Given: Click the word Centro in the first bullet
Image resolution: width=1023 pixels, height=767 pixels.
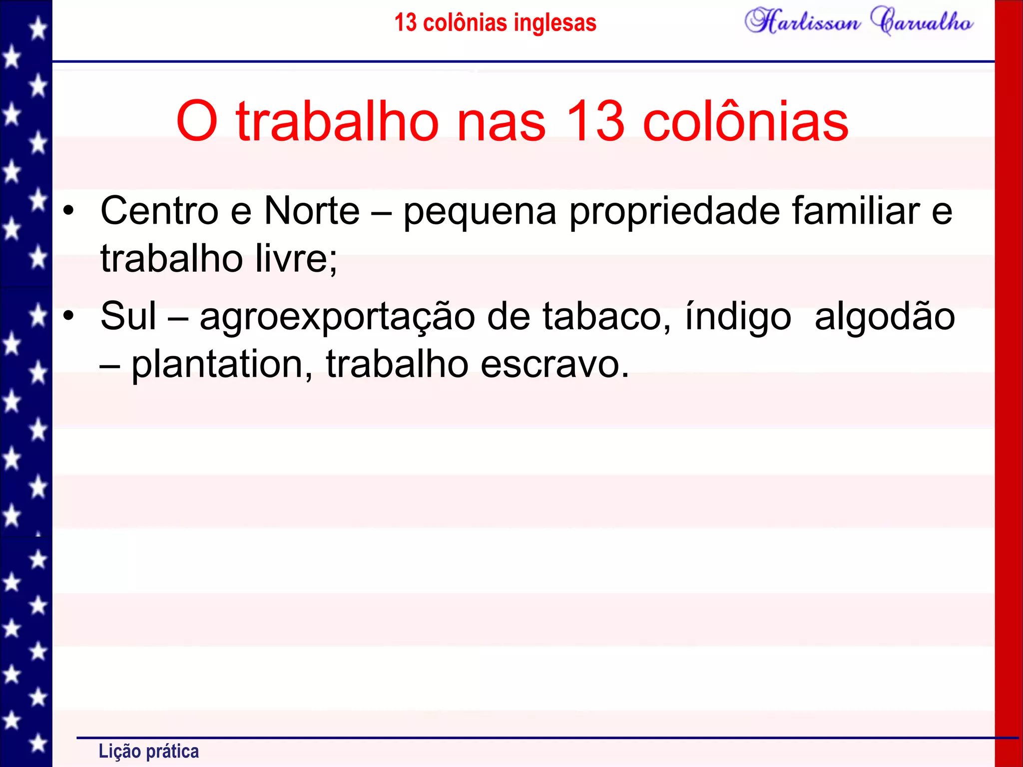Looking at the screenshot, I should [x=159, y=211].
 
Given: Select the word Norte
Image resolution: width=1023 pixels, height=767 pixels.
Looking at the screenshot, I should [x=311, y=211].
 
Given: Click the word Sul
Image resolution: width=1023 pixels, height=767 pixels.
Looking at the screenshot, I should [x=128, y=316].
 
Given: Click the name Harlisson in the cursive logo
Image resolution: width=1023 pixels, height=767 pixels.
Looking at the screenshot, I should [x=802, y=21].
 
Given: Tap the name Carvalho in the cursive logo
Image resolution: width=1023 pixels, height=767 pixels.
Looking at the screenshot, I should [x=922, y=21].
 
